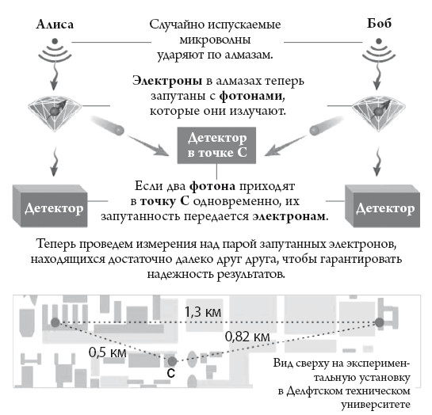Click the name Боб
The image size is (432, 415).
tap(379, 25)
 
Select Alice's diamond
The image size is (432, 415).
tap(55, 111)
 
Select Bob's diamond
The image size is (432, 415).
tap(379, 111)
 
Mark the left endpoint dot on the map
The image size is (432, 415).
tap(55, 322)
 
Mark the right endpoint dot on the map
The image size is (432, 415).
tap(380, 322)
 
